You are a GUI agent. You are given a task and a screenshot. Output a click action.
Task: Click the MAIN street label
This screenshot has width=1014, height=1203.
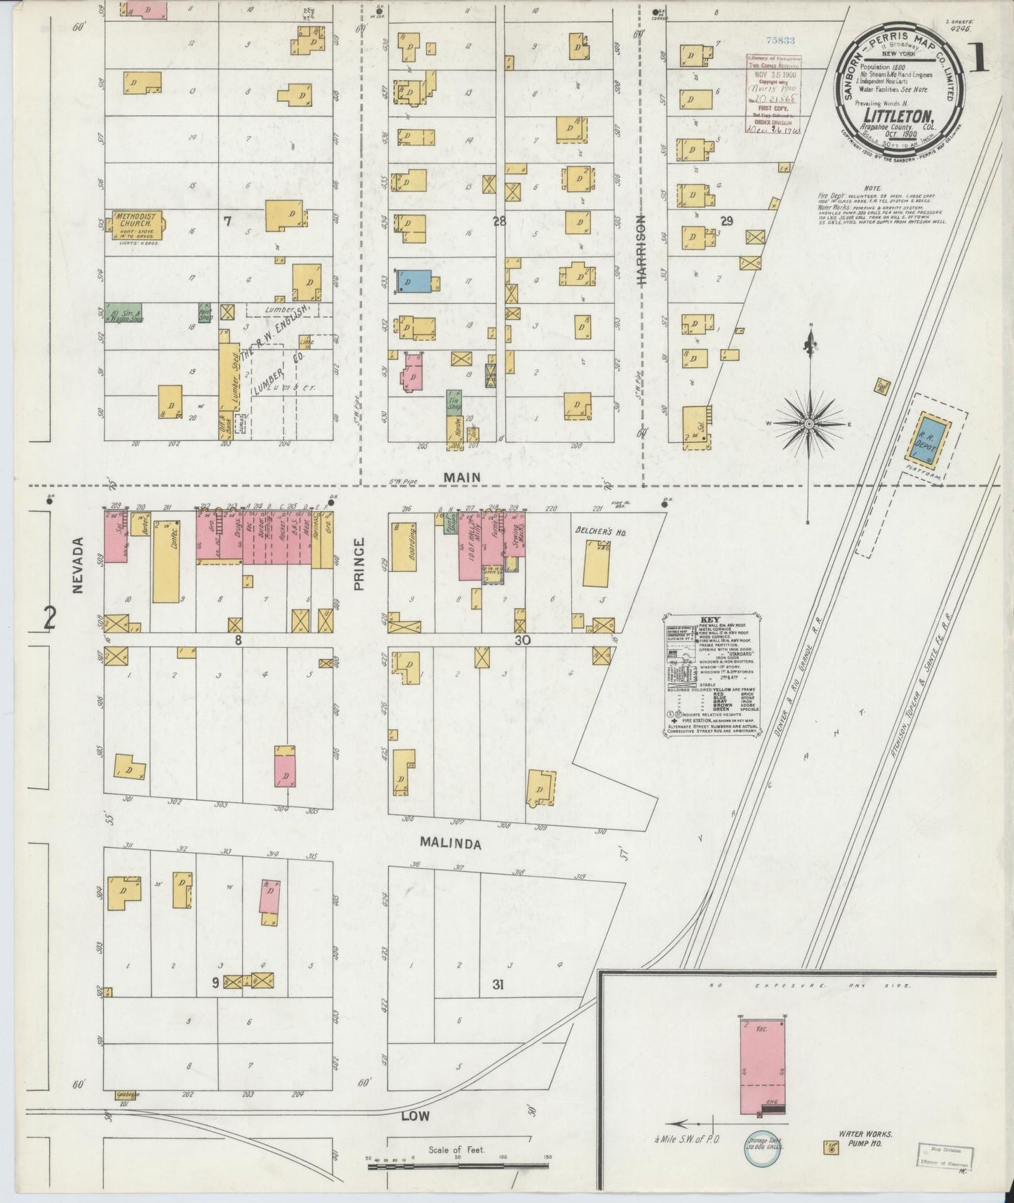[x=462, y=477]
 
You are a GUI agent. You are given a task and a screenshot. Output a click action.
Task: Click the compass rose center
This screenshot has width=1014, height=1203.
[x=809, y=424]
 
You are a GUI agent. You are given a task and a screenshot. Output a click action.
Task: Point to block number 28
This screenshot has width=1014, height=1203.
[x=499, y=222]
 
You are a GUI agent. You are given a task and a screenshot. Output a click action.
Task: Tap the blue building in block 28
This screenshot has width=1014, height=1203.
[x=413, y=281]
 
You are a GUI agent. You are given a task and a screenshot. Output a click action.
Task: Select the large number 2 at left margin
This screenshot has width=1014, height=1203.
[x=49, y=618]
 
